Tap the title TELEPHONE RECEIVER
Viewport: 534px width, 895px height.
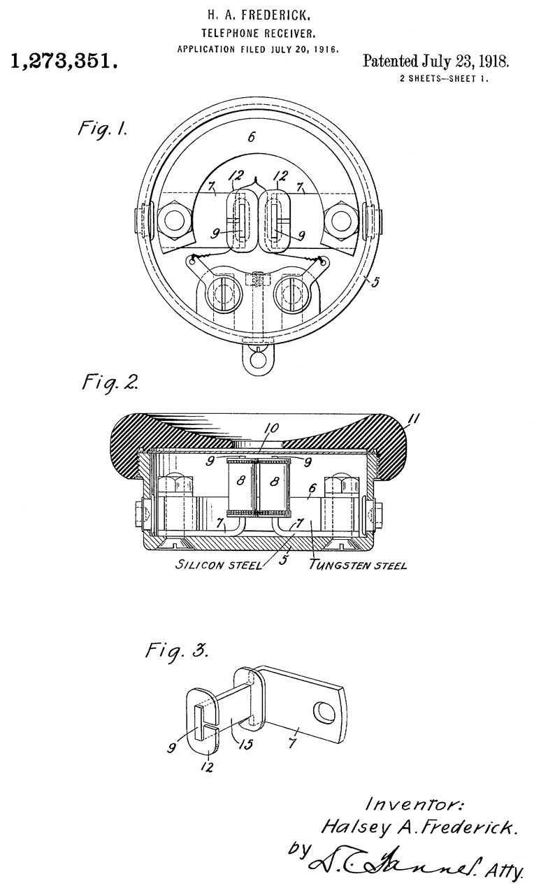click(x=259, y=33)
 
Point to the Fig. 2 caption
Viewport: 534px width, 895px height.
click(x=110, y=382)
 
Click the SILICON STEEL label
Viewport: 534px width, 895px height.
click(x=219, y=565)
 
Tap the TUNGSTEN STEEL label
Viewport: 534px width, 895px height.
click(x=358, y=565)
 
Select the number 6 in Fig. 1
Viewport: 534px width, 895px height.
click(x=251, y=138)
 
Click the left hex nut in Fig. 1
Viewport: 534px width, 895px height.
click(x=174, y=220)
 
